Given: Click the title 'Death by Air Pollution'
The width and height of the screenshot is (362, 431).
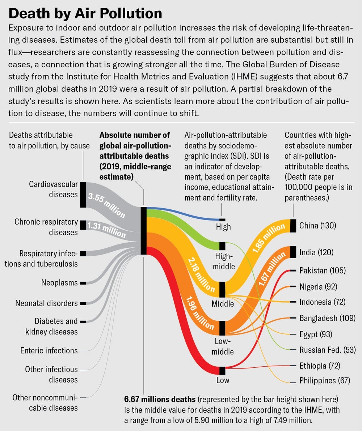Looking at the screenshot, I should coord(85,13).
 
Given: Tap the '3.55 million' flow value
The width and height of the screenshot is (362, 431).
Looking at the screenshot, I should coord(107,205).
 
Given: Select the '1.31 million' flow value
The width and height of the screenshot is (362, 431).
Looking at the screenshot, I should coord(106,230).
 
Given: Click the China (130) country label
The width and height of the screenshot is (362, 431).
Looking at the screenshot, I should coord(318,226).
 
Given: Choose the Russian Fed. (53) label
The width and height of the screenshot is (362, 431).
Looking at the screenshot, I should coord(328,350).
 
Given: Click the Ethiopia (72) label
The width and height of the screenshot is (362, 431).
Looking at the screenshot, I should coord(320,366).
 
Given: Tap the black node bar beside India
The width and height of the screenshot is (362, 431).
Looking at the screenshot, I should coord(293,252).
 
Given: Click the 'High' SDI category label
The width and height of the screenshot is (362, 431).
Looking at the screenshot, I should coord(223,227).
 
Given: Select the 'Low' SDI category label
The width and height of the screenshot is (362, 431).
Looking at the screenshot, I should coord(223,380).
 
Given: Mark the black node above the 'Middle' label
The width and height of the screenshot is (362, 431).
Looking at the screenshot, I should coord(222,289).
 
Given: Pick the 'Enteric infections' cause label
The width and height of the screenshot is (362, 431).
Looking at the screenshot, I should coord(49,350).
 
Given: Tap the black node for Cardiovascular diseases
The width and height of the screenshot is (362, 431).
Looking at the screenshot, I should coord(83,195).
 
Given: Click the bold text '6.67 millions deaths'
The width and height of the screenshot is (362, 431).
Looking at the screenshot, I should coord(160,399).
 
